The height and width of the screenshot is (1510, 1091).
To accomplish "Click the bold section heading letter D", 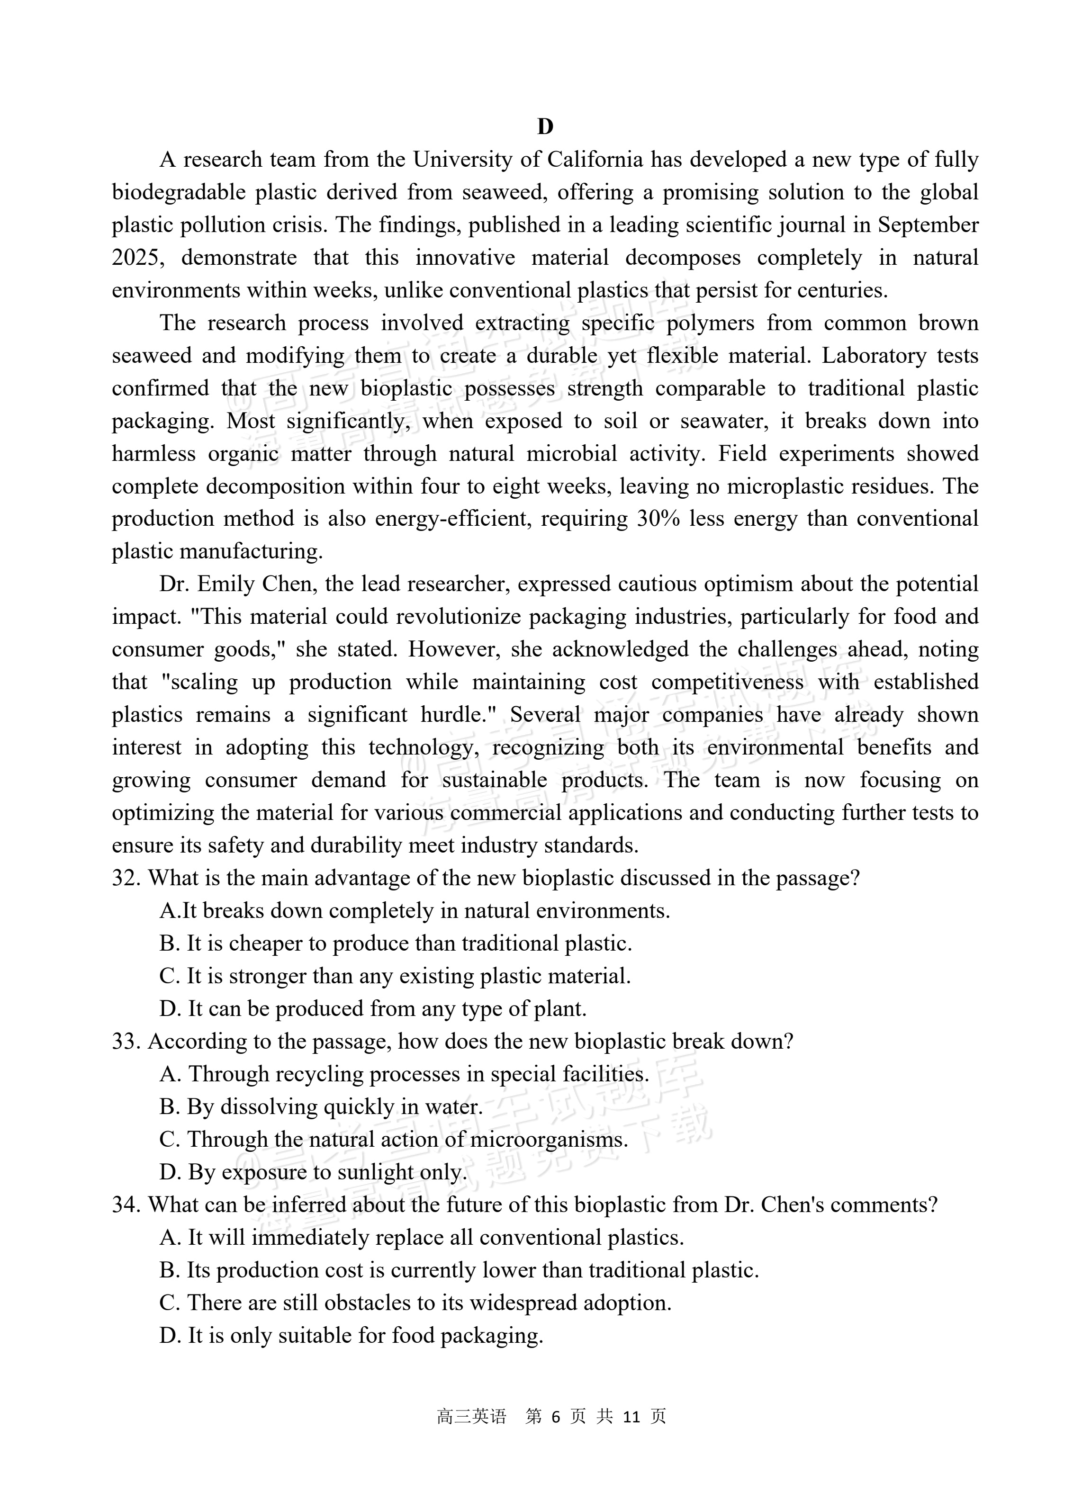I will [545, 126].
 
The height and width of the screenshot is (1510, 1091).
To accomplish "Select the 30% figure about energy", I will [658, 519].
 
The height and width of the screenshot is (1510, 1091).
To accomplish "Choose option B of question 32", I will [396, 944].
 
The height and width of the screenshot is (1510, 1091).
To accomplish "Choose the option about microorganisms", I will [394, 1139].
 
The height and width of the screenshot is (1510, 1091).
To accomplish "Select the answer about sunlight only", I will [313, 1172].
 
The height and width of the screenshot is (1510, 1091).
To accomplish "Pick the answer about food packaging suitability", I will [351, 1335].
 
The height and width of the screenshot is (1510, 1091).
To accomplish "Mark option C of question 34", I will [415, 1302].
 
